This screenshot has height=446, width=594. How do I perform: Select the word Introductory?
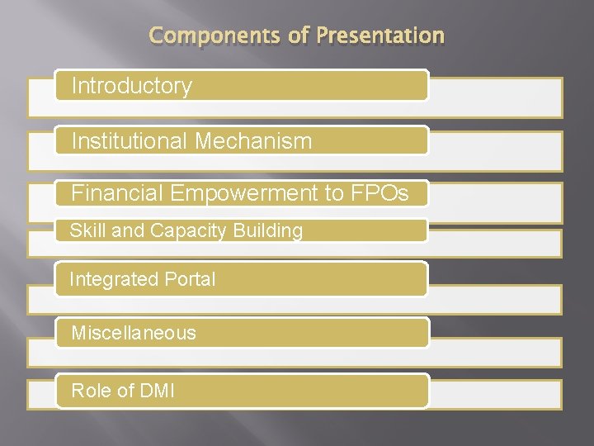(x=132, y=86)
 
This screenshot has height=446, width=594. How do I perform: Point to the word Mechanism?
(x=253, y=141)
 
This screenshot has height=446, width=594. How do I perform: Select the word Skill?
(x=87, y=231)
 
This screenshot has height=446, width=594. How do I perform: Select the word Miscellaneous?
(x=134, y=333)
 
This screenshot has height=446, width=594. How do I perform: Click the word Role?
(x=92, y=390)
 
